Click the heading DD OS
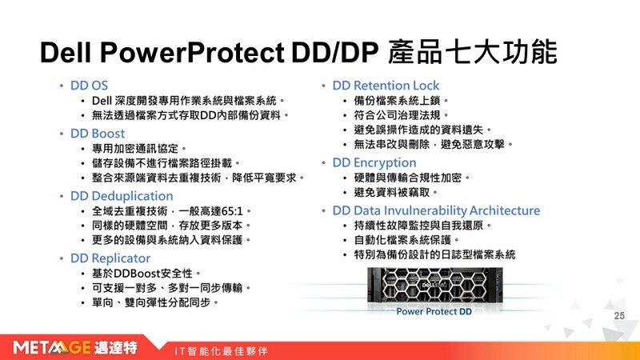point(89,86)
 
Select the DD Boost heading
point(98,134)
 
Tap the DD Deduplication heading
point(122,196)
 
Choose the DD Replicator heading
point(110,258)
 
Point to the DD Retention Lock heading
point(386,86)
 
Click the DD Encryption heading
point(374,163)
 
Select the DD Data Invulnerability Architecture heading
point(436,210)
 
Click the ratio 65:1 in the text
point(232,211)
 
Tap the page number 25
point(619,315)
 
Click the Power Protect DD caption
point(434,311)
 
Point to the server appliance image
point(435,286)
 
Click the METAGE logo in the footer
point(75,348)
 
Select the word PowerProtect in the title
point(192,53)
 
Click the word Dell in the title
point(66,53)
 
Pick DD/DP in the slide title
point(334,53)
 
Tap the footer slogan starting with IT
point(222,351)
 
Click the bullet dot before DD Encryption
point(324,163)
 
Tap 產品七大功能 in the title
point(472,52)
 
